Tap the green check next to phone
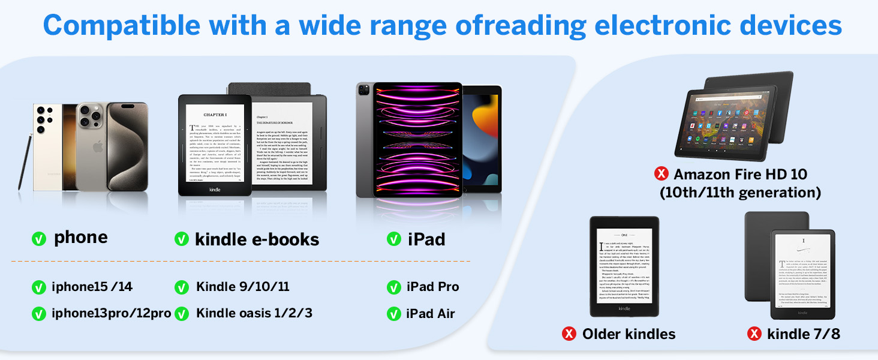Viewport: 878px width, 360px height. click(x=39, y=239)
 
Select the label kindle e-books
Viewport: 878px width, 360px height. click(x=257, y=239)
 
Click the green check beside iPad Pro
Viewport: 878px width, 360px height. click(x=394, y=287)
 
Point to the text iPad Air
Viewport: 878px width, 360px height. click(x=431, y=314)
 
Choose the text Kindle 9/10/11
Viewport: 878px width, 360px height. click(x=243, y=287)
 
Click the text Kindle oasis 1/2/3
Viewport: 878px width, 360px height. click(x=254, y=313)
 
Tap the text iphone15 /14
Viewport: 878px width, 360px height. click(x=92, y=287)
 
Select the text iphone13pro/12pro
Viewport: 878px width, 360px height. click(x=111, y=313)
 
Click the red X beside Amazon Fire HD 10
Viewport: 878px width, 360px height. click(x=661, y=174)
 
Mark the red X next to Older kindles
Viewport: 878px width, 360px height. click(x=569, y=334)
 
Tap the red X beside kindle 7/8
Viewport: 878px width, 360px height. click(x=754, y=334)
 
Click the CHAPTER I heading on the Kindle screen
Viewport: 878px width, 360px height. click(x=215, y=115)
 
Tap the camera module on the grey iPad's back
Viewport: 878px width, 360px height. click(x=364, y=91)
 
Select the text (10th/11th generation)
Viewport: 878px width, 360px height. click(x=740, y=193)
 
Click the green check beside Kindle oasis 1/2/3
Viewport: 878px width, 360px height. click(x=182, y=314)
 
